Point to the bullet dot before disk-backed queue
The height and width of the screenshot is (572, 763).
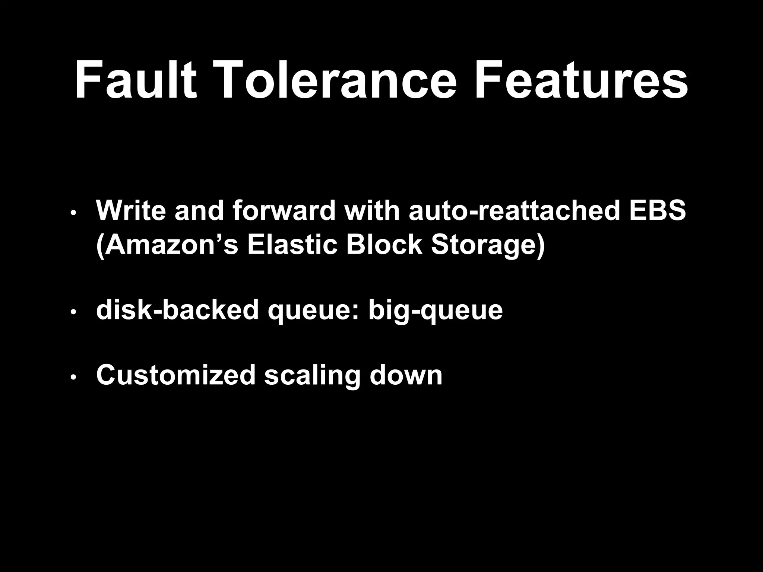point(73,312)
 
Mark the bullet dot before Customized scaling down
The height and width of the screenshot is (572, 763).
point(73,378)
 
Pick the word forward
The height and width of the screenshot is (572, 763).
point(284,210)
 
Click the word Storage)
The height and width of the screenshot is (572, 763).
point(488,246)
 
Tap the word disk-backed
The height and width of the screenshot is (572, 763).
point(177,310)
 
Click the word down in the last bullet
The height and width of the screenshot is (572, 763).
point(406,375)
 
